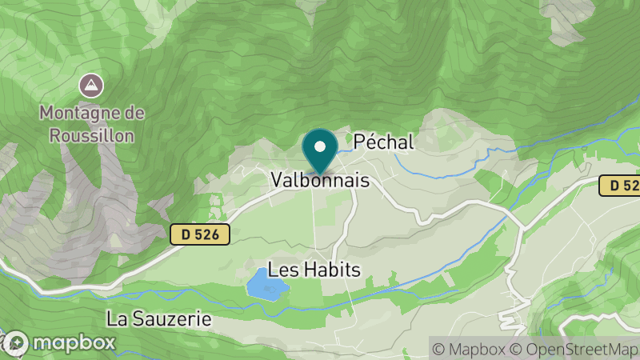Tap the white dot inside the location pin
(x=320, y=146)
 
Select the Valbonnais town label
(x=320, y=181)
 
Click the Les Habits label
(x=314, y=270)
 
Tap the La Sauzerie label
(x=159, y=319)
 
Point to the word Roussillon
(x=93, y=134)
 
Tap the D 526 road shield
(x=200, y=234)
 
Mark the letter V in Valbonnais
(x=277, y=181)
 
